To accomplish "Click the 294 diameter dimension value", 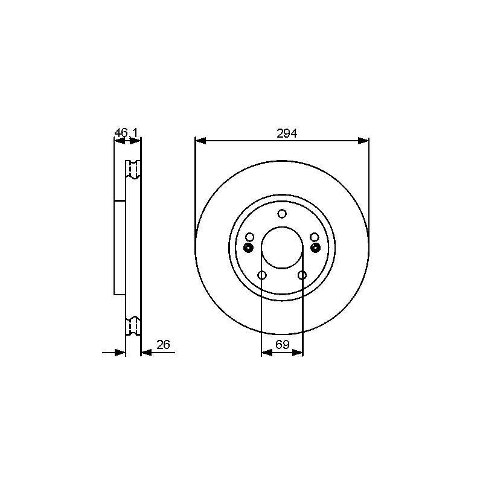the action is pyautogui.click(x=286, y=133).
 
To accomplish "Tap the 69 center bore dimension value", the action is pyautogui.click(x=283, y=344).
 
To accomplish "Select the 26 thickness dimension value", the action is pyautogui.click(x=163, y=344).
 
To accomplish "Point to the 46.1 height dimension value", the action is pyautogui.click(x=126, y=133).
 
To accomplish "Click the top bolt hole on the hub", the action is pyautogui.click(x=282, y=214).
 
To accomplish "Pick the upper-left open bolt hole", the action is pyautogui.click(x=250, y=237).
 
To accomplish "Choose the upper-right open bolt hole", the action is pyautogui.click(x=314, y=237).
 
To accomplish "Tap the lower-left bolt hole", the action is pyautogui.click(x=262, y=275).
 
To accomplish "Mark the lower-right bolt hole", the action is pyautogui.click(x=302, y=275).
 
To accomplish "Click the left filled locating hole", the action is pyautogui.click(x=248, y=248).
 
